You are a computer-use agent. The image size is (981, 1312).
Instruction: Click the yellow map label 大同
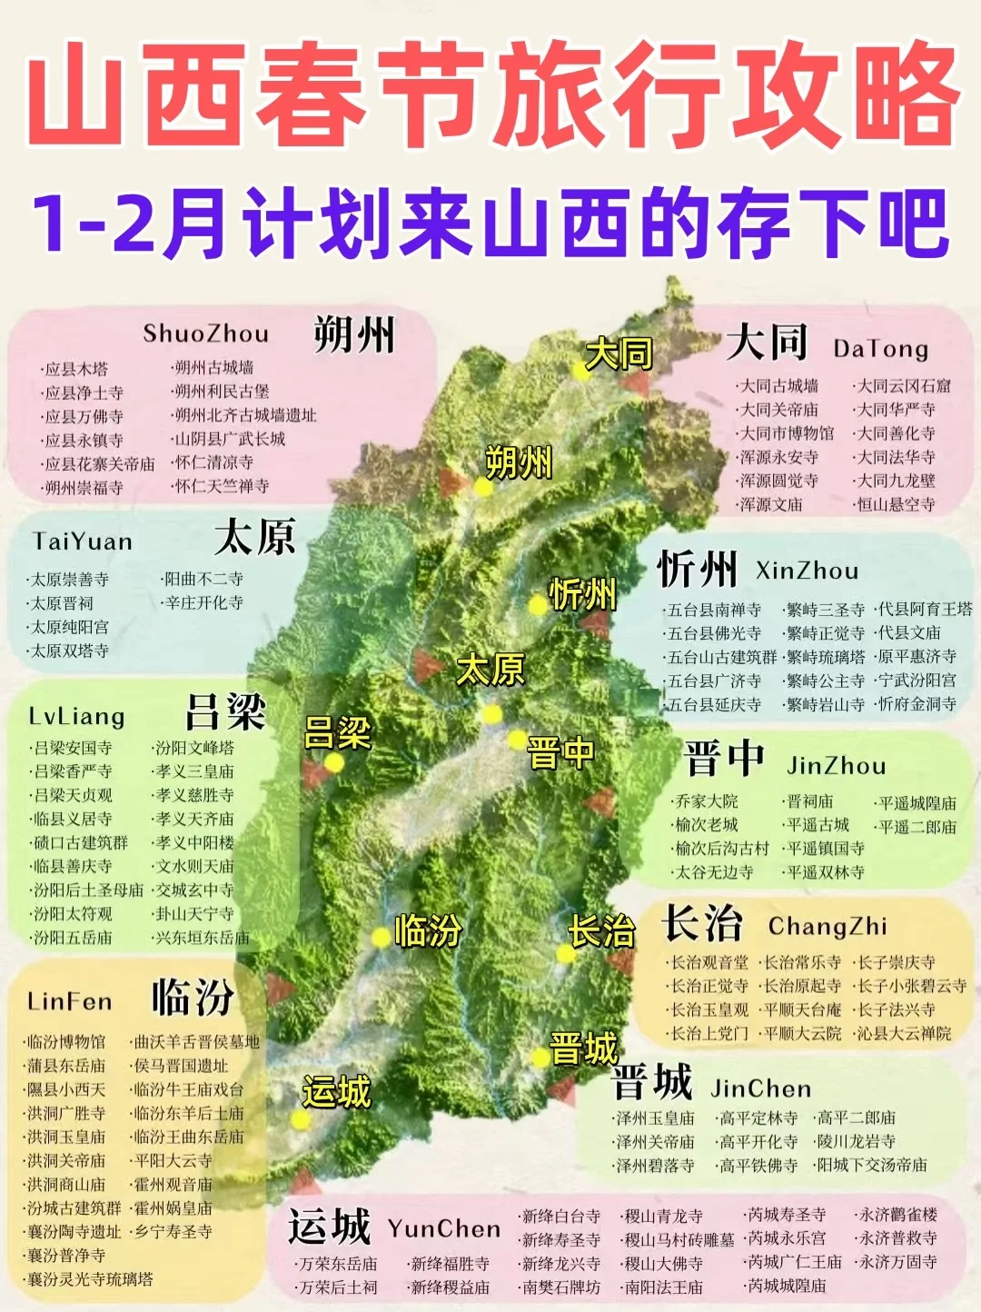pyautogui.click(x=619, y=353)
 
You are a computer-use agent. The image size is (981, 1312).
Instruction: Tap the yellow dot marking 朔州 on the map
pyautogui.click(x=483, y=487)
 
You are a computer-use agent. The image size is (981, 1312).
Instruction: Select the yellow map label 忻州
pyautogui.click(x=583, y=595)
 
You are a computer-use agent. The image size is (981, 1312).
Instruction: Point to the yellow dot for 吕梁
pyautogui.click(x=334, y=762)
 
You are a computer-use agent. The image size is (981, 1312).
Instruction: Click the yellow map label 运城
pyautogui.click(x=336, y=1091)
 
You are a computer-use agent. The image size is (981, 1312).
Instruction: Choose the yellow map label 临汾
pyautogui.click(x=428, y=931)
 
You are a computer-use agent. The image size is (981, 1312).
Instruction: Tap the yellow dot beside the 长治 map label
pyautogui.click(x=566, y=954)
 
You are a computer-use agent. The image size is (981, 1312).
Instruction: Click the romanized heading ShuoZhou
pyautogui.click(x=205, y=334)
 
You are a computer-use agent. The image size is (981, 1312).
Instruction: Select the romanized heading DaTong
pyautogui.click(x=880, y=349)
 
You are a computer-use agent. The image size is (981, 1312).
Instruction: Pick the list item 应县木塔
pyautogui.click(x=76, y=369)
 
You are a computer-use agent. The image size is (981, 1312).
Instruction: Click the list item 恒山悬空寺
pyautogui.click(x=896, y=504)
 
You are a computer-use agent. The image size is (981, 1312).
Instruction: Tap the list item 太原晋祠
pyautogui.click(x=62, y=603)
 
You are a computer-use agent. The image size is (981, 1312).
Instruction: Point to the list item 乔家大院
pyautogui.click(x=707, y=801)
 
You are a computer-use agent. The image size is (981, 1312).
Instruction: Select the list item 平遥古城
pyautogui.click(x=817, y=825)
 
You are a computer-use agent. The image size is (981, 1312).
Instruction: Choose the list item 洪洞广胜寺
pyautogui.click(x=65, y=1113)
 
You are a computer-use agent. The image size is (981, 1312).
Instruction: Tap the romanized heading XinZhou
pyautogui.click(x=807, y=572)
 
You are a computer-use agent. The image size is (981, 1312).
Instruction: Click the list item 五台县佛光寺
pyautogui.click(x=714, y=633)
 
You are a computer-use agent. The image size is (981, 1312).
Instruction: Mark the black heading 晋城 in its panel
pyautogui.click(x=652, y=1082)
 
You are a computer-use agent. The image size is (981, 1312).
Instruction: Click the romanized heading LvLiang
pyautogui.click(x=76, y=717)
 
